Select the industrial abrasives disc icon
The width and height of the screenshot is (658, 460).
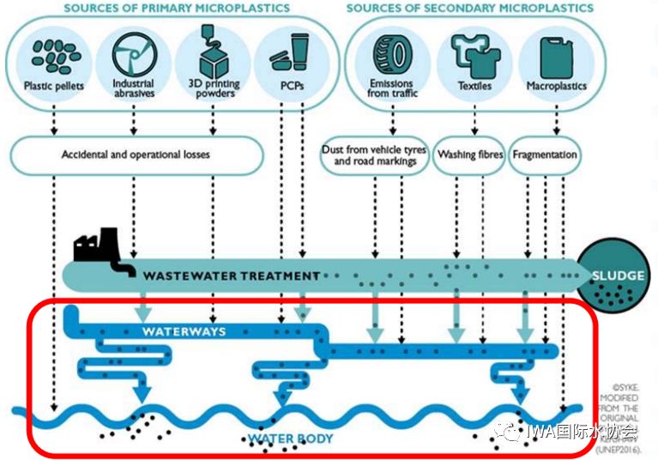(x=133, y=53)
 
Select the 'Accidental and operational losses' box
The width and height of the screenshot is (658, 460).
(x=136, y=155)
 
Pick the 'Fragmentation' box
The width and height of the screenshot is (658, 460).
(x=545, y=155)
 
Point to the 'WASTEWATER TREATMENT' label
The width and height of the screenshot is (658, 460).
(x=231, y=276)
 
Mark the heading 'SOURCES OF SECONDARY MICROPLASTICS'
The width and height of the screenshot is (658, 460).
(x=469, y=9)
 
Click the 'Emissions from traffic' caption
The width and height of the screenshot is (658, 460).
(x=393, y=88)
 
